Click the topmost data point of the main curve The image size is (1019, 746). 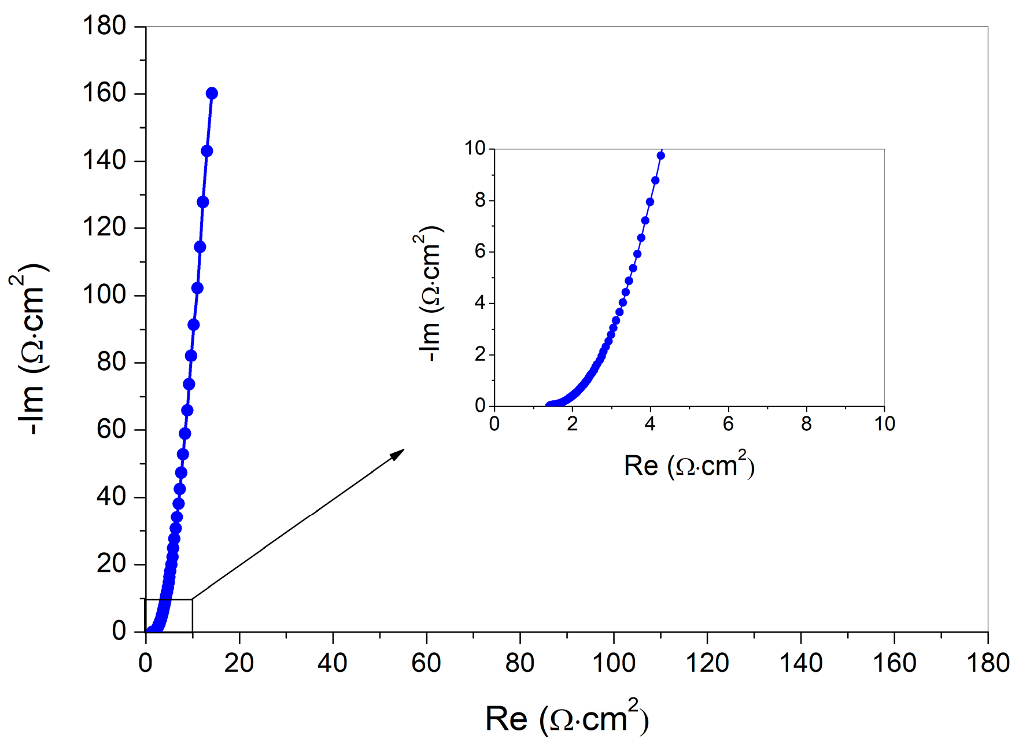coord(212,93)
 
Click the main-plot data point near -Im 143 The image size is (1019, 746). coord(206,151)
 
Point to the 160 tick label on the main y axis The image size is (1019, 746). coord(104,93)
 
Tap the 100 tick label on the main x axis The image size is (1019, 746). coord(614,663)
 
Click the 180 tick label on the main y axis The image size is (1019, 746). coord(104,26)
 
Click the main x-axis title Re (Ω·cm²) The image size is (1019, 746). coord(567,718)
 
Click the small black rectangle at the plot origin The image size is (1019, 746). coord(168,615)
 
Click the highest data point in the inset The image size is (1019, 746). coord(660,156)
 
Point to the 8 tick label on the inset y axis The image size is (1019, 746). coord(480,201)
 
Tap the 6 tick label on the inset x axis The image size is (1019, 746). coord(728,424)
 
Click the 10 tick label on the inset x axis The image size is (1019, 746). coord(884,424)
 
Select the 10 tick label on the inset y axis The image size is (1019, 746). coord(475,149)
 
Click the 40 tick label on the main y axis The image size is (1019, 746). coord(111,497)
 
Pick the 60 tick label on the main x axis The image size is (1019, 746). coord(426,663)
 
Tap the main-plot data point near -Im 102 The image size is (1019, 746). coord(197,288)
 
